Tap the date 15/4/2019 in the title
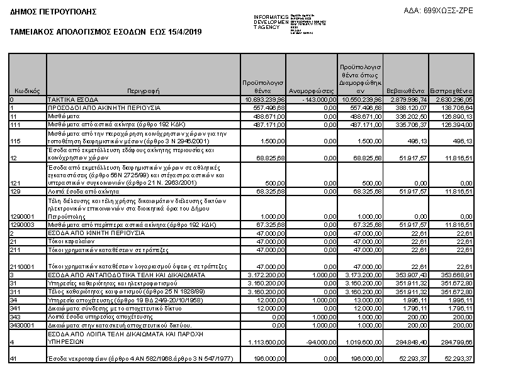click(186, 31)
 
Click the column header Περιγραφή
click(144, 91)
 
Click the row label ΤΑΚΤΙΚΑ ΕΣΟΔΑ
click(69, 99)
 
